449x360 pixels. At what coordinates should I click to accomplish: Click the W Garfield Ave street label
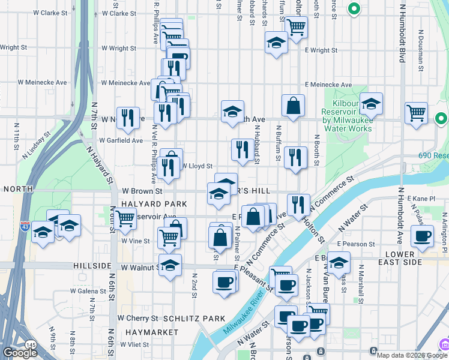(121, 140)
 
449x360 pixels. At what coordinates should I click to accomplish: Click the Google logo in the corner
(20, 353)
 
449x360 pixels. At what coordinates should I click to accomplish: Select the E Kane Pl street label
(420, 198)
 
